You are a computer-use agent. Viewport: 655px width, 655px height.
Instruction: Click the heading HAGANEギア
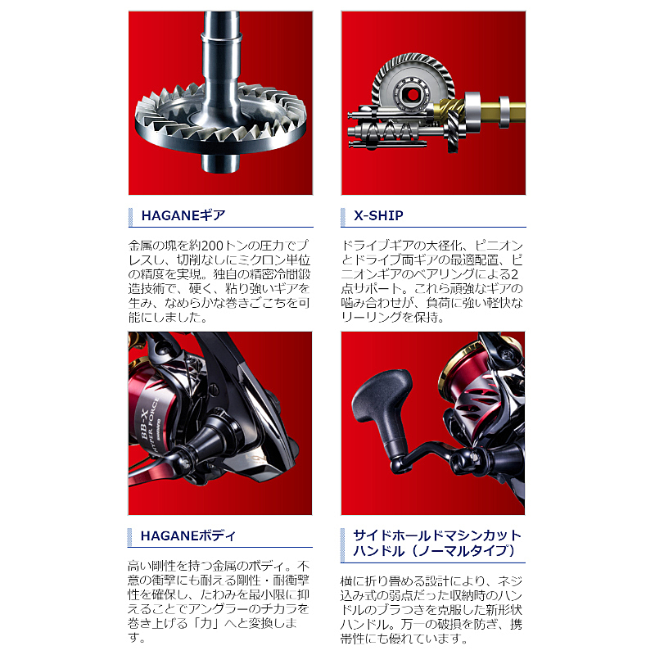[x=183, y=215]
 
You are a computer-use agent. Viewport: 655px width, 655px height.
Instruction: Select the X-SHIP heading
[x=378, y=215]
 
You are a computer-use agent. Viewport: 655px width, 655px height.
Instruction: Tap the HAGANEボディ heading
[x=188, y=536]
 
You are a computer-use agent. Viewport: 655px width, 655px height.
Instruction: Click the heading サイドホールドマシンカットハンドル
[x=437, y=543]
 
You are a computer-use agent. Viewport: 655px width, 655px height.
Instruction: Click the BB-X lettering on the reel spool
[x=145, y=425]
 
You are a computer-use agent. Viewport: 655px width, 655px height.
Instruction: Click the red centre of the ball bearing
[x=413, y=95]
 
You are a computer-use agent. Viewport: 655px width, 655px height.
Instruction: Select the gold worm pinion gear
[x=447, y=110]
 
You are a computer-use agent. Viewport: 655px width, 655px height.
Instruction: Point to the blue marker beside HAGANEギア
[x=131, y=217]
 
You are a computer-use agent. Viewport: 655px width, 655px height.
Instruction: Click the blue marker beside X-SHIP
[x=343, y=217]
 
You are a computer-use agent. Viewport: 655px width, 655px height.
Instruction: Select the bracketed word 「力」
[x=206, y=624]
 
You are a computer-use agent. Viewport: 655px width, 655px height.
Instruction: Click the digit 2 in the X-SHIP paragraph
[x=514, y=274]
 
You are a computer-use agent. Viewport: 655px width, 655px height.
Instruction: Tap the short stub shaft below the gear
[x=221, y=163]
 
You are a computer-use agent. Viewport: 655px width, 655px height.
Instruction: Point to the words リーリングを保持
[x=392, y=318]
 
